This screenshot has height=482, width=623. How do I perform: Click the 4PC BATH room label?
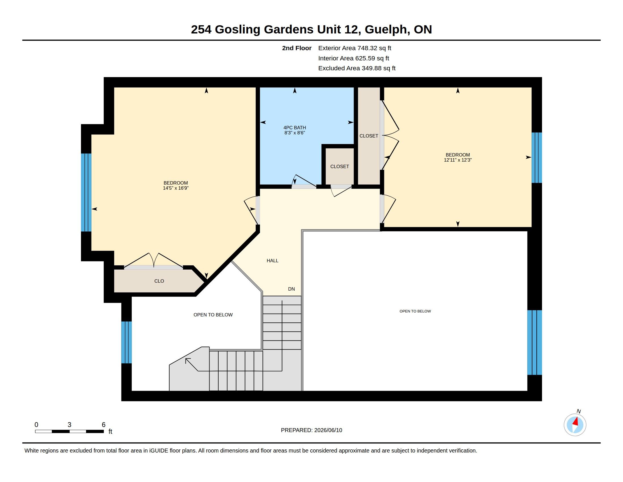tap(295, 128)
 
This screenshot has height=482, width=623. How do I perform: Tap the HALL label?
tap(272, 260)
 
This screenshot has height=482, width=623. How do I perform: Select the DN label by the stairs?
tap(291, 289)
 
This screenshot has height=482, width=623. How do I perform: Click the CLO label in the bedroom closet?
tap(159, 281)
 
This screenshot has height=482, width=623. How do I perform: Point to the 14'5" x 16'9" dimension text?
tap(176, 188)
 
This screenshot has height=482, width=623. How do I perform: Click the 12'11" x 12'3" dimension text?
tap(458, 160)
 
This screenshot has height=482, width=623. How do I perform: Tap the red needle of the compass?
tap(576, 421)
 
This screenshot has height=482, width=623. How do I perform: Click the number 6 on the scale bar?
tap(104, 425)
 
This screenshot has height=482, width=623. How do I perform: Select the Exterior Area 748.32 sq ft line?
tap(355, 48)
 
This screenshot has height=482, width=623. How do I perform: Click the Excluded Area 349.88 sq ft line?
tap(357, 68)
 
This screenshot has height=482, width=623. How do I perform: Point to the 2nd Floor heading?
tap(297, 48)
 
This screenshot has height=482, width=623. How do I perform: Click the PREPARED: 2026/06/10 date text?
tap(311, 430)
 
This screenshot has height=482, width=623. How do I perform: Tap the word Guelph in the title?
tap(386, 29)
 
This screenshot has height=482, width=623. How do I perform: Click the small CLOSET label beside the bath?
tap(340, 166)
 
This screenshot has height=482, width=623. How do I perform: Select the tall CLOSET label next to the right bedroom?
tap(369, 136)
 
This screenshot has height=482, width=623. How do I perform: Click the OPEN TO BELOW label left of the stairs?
tap(213, 315)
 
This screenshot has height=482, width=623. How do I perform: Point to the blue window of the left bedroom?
tap(86, 193)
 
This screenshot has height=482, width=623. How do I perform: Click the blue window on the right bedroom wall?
tap(537, 158)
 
